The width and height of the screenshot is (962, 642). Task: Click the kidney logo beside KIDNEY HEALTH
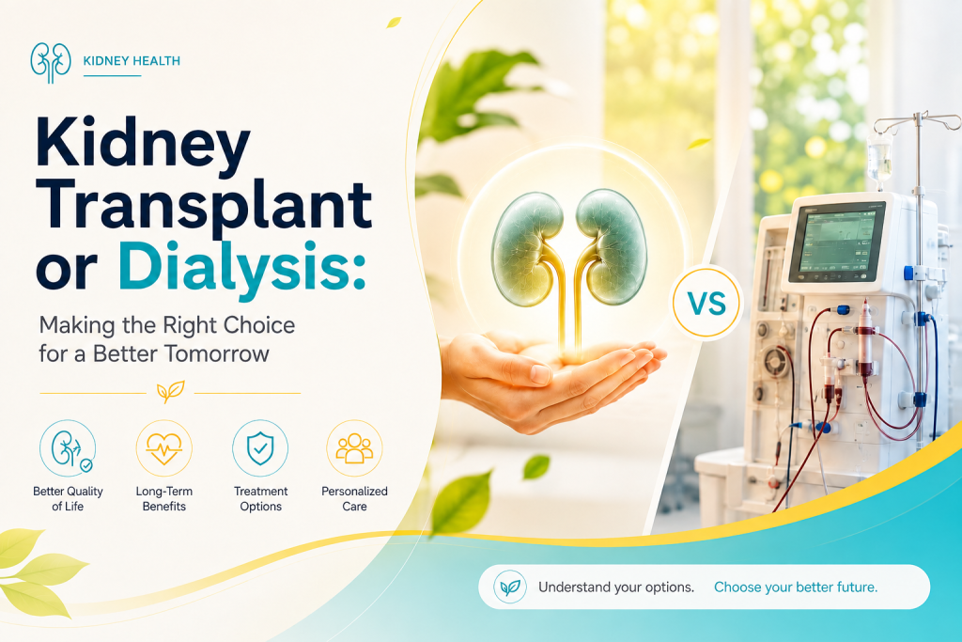[51, 63]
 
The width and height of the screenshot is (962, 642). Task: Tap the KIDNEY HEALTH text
[132, 61]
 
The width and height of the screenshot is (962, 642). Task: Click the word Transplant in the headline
[204, 204]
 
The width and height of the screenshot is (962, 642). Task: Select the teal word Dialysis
[241, 267]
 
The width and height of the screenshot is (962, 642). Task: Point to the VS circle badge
[706, 303]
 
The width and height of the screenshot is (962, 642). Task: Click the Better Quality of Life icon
[68, 448]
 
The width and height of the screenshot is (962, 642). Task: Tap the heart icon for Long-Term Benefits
[163, 448]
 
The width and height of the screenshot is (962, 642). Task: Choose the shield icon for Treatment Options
[260, 448]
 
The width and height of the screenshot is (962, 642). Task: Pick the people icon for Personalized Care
[354, 448]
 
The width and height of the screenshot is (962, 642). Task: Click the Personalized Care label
[354, 498]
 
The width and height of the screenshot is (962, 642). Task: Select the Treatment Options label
[261, 498]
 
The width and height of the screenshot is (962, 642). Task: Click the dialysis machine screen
[836, 242]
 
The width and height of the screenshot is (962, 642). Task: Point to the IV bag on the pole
[879, 158]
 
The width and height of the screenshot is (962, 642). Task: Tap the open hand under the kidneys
[552, 381]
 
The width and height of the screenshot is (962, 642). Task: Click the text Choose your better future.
[796, 587]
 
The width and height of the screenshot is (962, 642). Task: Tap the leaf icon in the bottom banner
[510, 587]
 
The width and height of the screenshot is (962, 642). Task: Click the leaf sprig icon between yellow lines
[170, 392]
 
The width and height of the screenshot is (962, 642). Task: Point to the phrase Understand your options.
[616, 587]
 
